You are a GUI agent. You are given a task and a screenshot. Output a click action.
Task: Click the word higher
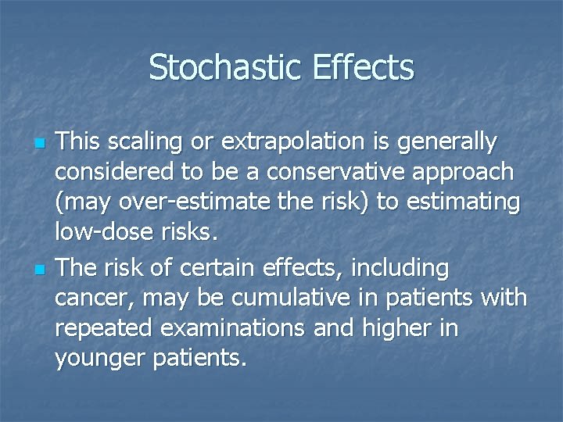pos(396,329)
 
